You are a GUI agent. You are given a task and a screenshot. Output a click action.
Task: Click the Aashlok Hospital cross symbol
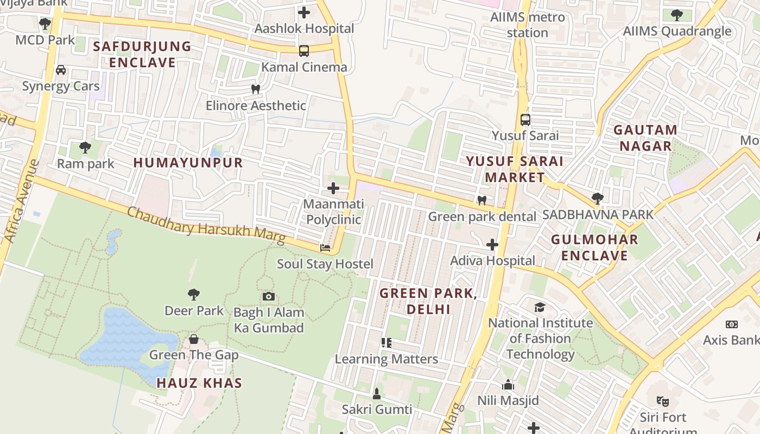(x=304, y=12)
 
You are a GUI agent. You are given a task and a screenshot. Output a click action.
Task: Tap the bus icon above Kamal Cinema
(x=304, y=51)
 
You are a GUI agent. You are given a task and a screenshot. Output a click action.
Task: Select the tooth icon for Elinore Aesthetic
(x=256, y=89)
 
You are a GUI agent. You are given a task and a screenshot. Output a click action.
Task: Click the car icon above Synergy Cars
(x=61, y=70)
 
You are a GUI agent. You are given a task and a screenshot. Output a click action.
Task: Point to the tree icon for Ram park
(x=85, y=147)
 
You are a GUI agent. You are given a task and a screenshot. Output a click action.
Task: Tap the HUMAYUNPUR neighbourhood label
(x=188, y=163)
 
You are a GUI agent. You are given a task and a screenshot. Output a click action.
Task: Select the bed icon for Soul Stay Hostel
(x=325, y=248)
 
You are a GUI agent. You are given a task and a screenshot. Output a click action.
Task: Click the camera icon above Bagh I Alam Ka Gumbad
(x=268, y=296)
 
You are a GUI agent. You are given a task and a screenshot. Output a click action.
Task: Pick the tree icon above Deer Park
(x=194, y=295)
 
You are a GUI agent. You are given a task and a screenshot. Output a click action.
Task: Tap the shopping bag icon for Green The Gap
(x=194, y=339)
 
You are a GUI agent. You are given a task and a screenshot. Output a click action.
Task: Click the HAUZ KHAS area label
(x=199, y=383)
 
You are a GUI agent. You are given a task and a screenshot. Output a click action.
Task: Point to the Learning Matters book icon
(x=386, y=343)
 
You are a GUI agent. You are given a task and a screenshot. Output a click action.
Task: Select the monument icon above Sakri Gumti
(x=377, y=393)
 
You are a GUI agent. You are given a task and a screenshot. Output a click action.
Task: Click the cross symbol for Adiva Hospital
(x=492, y=245)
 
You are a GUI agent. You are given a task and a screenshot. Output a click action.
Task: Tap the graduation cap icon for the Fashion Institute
(x=540, y=307)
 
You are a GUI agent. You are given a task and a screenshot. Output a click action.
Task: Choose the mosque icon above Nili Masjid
(x=508, y=385)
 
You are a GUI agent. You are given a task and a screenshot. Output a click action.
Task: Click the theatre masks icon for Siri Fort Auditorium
(x=662, y=401)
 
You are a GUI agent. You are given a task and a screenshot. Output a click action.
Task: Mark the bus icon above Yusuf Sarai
(x=525, y=119)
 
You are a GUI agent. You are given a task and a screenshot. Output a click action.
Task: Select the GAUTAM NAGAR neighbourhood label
(x=645, y=138)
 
